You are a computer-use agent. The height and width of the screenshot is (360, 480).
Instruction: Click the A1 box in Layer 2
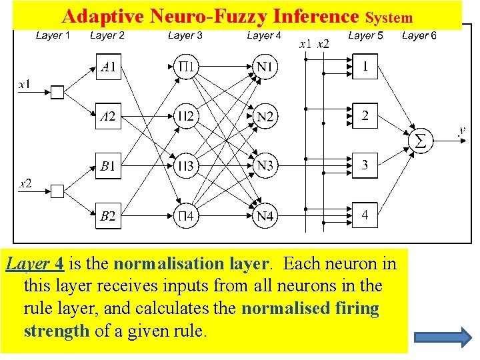click(x=108, y=67)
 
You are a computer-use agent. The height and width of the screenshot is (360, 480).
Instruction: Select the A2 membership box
click(x=108, y=117)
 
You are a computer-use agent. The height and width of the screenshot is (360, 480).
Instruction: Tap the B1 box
click(x=108, y=166)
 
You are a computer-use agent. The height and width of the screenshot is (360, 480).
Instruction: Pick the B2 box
click(x=108, y=215)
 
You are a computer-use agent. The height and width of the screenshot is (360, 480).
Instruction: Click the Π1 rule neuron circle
click(x=186, y=67)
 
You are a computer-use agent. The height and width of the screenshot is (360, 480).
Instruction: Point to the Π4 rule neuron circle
click(x=186, y=215)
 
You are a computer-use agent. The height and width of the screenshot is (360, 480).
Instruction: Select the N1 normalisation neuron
click(x=265, y=67)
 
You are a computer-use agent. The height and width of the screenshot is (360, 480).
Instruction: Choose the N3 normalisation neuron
click(x=265, y=166)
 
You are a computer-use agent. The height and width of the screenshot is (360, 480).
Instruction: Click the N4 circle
click(x=265, y=215)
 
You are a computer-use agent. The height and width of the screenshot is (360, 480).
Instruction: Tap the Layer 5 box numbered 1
click(x=365, y=67)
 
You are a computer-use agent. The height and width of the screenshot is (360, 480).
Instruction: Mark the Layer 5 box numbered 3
click(x=365, y=165)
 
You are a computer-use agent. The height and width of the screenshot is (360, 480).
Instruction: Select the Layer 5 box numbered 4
click(x=365, y=215)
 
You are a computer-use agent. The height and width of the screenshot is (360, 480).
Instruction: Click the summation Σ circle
click(x=420, y=140)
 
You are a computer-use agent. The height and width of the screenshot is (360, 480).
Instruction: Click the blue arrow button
click(x=447, y=337)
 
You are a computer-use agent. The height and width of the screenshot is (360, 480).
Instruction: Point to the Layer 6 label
click(x=419, y=35)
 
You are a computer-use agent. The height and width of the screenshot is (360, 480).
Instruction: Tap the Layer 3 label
click(x=185, y=35)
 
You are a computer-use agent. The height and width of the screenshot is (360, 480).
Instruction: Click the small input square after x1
click(x=58, y=93)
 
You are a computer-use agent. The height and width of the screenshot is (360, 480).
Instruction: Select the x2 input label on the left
click(x=25, y=183)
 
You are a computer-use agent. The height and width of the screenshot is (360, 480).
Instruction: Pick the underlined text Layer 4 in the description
click(x=35, y=264)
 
